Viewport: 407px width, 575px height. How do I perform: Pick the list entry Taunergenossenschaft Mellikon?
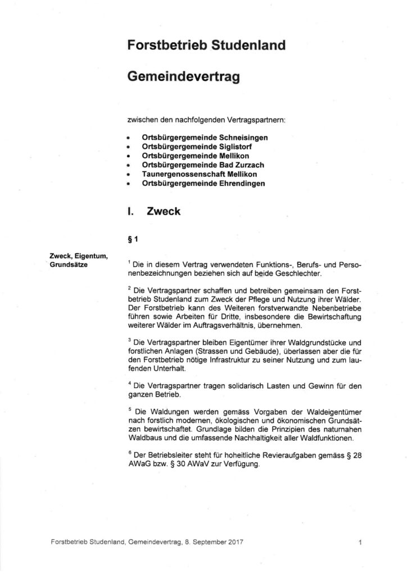(x=193, y=174)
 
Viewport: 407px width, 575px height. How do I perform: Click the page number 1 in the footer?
(x=358, y=543)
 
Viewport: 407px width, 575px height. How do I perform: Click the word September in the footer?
(x=207, y=543)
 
